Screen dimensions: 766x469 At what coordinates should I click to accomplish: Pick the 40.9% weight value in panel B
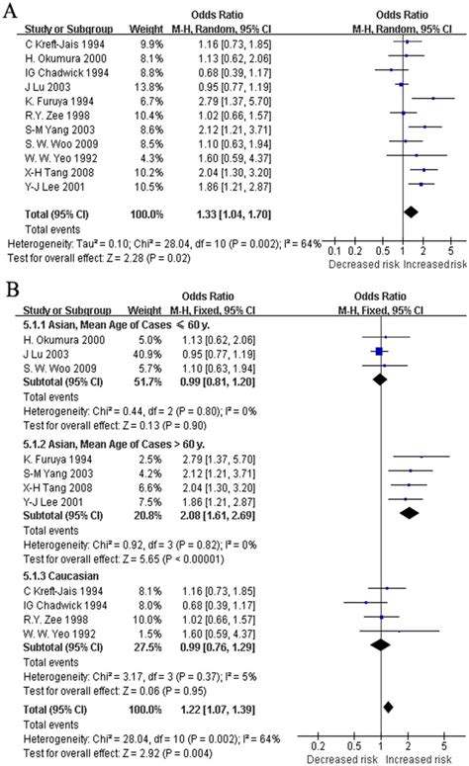click(x=147, y=350)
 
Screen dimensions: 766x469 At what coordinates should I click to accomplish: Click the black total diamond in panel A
click(x=411, y=211)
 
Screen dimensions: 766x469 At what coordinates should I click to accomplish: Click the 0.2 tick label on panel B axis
click(x=319, y=746)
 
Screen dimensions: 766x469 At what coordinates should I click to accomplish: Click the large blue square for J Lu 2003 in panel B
click(x=379, y=350)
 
